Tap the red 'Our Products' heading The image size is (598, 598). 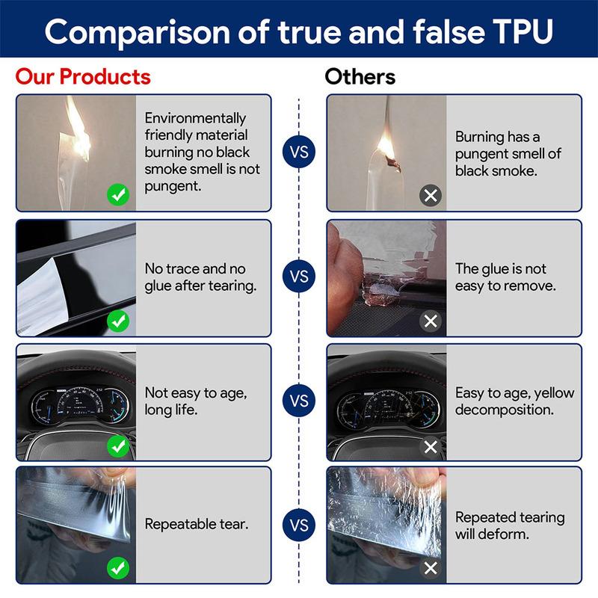pos(83,76)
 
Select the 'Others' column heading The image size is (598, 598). pos(360,76)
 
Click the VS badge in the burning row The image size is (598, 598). pos(299,152)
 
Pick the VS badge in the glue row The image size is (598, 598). pos(299,277)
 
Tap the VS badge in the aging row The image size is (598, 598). pos(299,401)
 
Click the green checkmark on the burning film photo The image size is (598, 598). pos(118,197)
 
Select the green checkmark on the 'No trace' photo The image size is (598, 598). pos(118,321)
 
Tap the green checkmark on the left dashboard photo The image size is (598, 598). pos(118,446)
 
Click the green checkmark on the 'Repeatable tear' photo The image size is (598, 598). pos(118,569)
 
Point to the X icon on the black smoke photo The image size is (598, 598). pos(431,197)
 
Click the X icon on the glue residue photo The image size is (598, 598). pos(431,321)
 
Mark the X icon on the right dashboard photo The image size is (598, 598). pos(431,446)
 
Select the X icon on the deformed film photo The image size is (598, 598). pos(431,569)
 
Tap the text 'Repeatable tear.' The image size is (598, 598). pos(196,524)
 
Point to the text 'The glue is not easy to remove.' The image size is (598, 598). pos(501,277)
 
